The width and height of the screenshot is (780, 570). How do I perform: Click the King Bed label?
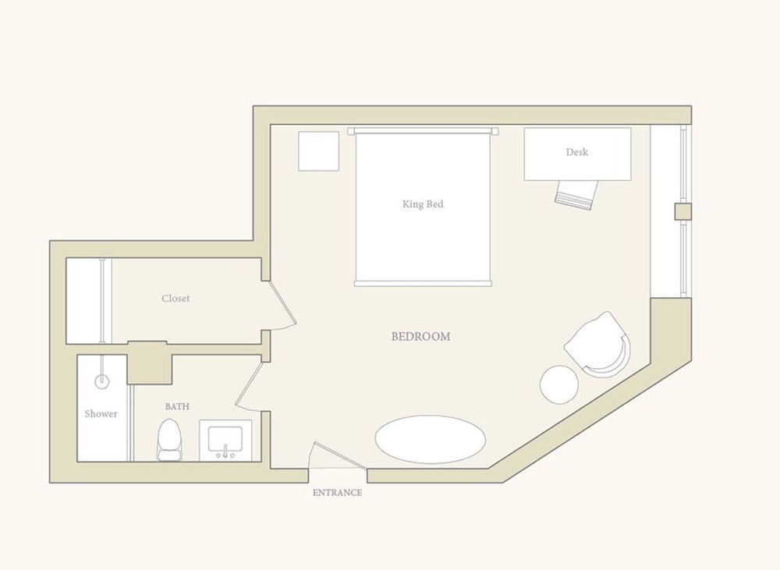(x=423, y=204)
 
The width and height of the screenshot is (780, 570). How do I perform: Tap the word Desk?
(x=577, y=152)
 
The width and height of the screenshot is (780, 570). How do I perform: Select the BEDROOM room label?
(x=421, y=337)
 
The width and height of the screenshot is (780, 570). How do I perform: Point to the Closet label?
(x=175, y=299)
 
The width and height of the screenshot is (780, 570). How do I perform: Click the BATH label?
(x=177, y=406)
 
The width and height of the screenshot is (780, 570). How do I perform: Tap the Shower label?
(x=101, y=414)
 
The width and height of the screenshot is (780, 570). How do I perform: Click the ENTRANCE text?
(x=337, y=493)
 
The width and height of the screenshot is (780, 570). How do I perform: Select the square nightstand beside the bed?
(x=319, y=151)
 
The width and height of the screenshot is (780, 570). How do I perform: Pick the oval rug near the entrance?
(x=430, y=439)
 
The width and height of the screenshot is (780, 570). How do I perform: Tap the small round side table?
(x=559, y=384)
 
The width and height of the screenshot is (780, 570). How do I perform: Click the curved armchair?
(x=598, y=344)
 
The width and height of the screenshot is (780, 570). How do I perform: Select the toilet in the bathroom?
(x=169, y=440)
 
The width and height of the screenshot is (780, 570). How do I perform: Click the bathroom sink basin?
(x=225, y=441)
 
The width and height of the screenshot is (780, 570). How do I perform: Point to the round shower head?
(x=102, y=382)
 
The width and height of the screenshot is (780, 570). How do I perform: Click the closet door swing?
(x=282, y=304)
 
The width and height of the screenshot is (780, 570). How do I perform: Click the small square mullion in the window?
(x=683, y=211)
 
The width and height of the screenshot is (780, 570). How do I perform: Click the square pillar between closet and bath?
(x=150, y=363)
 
